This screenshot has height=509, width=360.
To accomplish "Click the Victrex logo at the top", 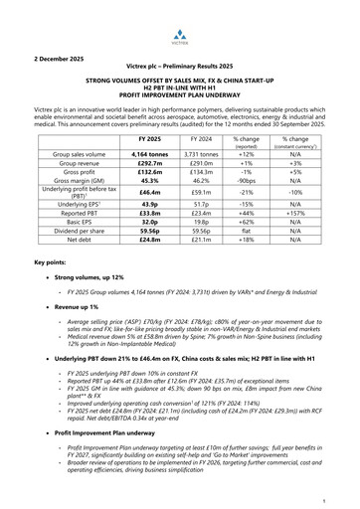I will tap(180, 20).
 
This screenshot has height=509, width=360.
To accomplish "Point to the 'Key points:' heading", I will tap(50, 288).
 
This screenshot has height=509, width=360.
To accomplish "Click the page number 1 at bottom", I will tap(338, 489).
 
